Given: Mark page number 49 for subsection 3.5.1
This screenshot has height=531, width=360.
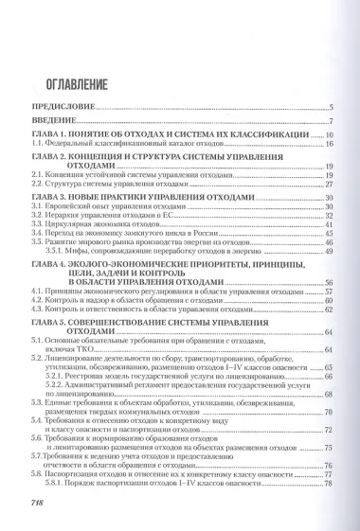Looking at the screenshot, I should point(328,252).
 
